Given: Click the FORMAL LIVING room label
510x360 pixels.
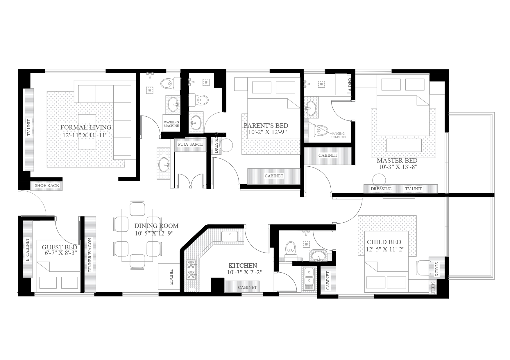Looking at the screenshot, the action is (86, 127).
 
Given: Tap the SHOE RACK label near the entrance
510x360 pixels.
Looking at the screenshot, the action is (47, 186).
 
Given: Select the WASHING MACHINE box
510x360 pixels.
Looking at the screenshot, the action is (171, 124).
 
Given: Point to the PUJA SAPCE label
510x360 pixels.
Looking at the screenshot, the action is (190, 144).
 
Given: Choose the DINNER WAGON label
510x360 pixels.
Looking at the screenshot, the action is (90, 255).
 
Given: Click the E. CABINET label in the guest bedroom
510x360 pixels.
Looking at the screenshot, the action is (27, 250).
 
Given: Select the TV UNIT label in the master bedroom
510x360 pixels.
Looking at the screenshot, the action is (413, 189).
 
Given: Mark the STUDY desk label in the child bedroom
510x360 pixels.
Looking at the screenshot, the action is (436, 269).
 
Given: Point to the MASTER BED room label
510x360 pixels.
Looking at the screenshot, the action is (397, 161).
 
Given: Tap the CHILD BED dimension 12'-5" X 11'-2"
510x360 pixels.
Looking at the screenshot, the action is (386, 249).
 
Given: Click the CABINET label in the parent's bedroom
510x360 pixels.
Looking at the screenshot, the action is (274, 176).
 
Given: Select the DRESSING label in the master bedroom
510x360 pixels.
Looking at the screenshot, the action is (381, 189).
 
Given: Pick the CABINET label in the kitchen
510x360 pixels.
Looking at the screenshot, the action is (247, 287).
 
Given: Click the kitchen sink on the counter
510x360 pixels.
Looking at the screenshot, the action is (230, 237).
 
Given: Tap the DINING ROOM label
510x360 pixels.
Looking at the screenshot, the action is (156, 226).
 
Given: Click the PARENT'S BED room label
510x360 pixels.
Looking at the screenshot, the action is (266, 126).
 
